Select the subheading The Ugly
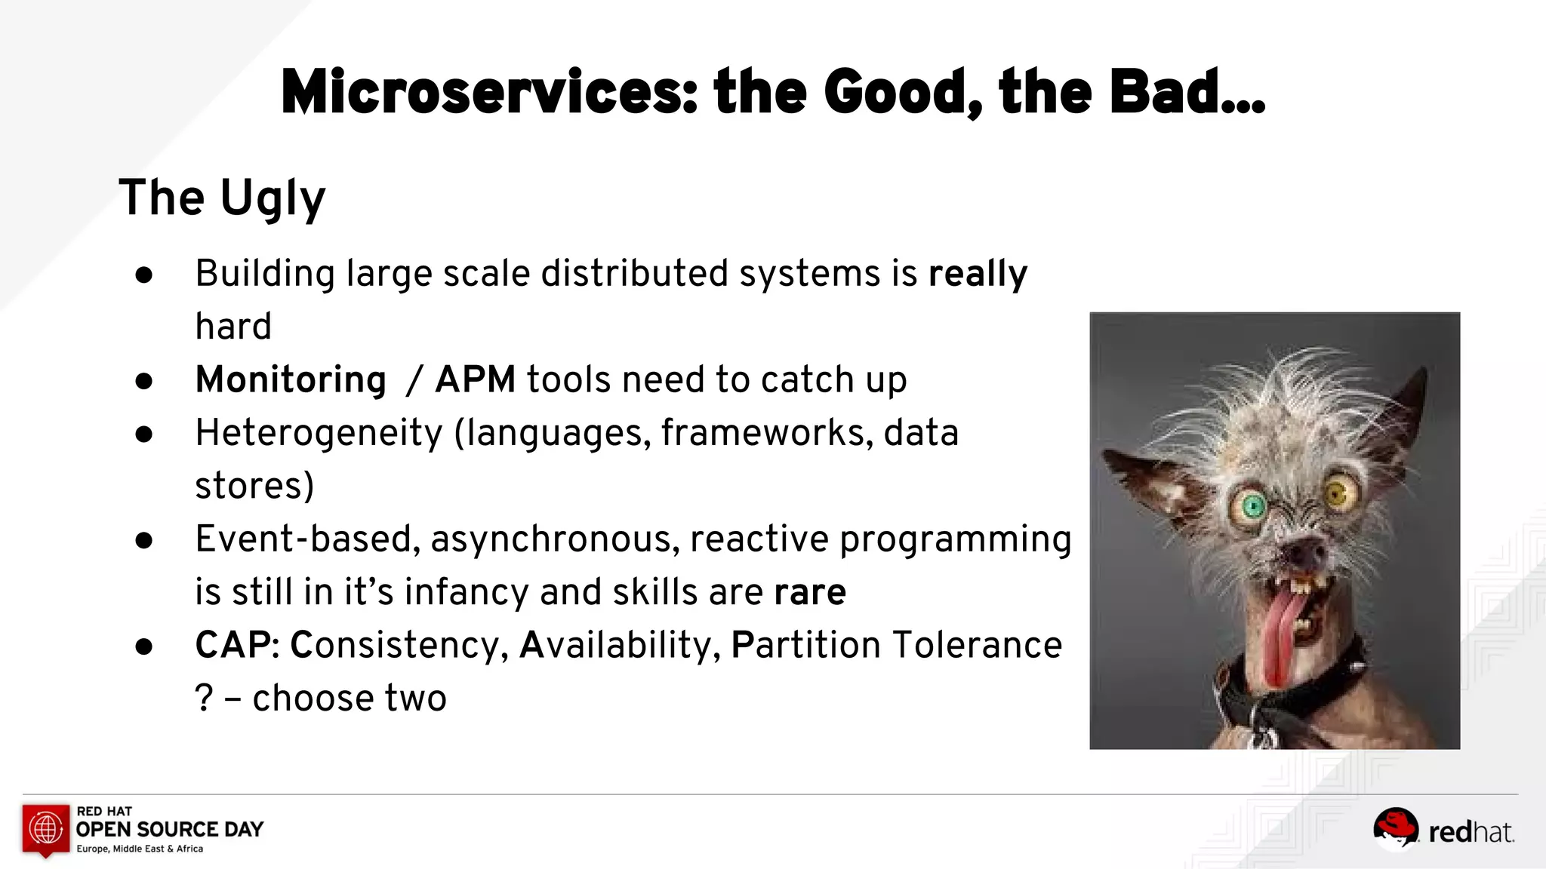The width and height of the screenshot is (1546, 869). click(222, 198)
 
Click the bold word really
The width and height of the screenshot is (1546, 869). click(978, 274)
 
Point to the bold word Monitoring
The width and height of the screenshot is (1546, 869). click(291, 379)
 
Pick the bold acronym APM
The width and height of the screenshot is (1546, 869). click(476, 379)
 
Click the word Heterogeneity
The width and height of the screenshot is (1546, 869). click(319, 433)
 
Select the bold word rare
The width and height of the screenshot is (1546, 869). click(810, 592)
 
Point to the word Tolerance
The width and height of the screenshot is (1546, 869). click(977, 646)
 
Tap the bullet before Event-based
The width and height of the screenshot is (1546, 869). click(144, 541)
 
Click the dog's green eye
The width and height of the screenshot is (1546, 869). click(1253, 506)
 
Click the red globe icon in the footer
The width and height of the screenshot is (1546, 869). click(46, 828)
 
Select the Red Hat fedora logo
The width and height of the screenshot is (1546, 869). click(1395, 828)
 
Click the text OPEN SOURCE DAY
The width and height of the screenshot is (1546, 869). click(170, 830)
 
